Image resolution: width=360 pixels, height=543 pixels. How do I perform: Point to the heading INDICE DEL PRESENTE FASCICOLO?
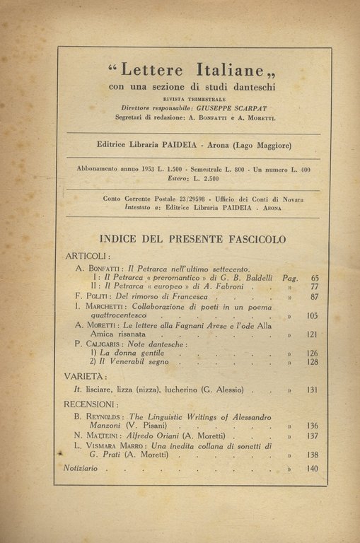click(x=193, y=239)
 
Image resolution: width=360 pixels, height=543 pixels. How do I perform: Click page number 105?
click(x=312, y=317)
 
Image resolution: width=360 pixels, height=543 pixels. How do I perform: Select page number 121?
click(x=312, y=335)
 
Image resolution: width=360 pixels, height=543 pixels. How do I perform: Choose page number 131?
click(x=312, y=390)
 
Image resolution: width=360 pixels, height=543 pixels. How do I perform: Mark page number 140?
click(x=312, y=468)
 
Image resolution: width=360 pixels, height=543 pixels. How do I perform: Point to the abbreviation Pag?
click(x=290, y=279)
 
